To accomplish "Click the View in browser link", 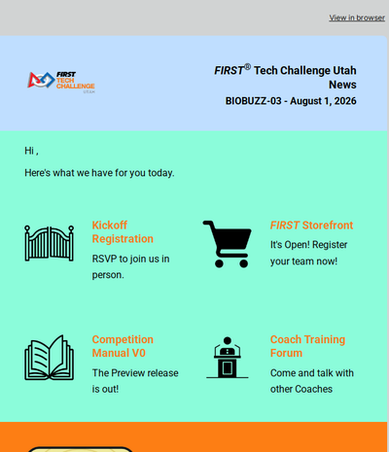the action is [357, 17].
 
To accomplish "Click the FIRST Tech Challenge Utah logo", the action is [61, 83].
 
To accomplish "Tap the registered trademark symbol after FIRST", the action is [247, 67].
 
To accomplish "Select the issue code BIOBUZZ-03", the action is [253, 101].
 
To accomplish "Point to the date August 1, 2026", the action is [323, 101].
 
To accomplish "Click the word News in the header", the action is [342, 85].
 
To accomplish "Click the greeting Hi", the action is [31, 151].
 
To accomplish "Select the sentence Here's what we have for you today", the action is [99, 173].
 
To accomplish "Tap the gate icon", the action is [50, 243].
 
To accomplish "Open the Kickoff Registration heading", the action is [123, 232].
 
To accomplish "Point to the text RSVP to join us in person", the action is [130, 267].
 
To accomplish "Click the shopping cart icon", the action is [228, 244].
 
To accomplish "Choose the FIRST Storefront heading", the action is [311, 226].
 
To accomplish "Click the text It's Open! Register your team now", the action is [308, 253].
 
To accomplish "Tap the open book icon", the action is [50, 358].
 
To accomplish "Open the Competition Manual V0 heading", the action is [123, 346].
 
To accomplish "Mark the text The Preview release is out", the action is [135, 381].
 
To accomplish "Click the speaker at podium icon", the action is [228, 358].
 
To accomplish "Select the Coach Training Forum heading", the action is [307, 346].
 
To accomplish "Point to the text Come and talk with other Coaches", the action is [312, 381].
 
